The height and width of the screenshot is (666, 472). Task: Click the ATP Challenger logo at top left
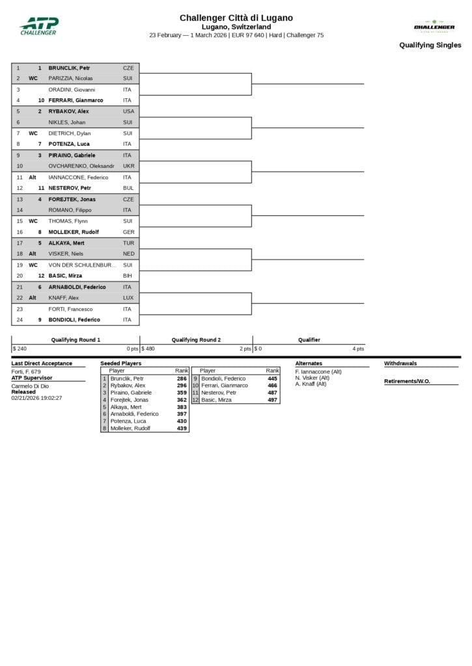38,26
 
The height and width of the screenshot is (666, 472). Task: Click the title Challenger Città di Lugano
236,18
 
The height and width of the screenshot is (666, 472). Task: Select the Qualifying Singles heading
430,46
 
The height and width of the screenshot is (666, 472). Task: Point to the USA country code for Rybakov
128,111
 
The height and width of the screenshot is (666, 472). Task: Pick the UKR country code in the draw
128,166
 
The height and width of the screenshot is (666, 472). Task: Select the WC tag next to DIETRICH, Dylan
33,133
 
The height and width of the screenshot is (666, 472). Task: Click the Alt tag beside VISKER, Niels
33,254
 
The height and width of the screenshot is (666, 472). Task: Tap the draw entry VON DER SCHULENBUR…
82,265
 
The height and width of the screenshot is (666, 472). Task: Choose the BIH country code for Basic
128,276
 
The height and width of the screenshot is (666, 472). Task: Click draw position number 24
19,320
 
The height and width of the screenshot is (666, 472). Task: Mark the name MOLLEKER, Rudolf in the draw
74,232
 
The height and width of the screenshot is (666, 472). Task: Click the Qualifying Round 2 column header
196,340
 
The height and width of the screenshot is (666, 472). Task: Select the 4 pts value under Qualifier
358,349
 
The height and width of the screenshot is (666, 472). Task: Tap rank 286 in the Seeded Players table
182,378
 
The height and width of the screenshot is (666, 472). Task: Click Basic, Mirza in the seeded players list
216,400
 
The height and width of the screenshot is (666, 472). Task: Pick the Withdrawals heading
400,364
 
